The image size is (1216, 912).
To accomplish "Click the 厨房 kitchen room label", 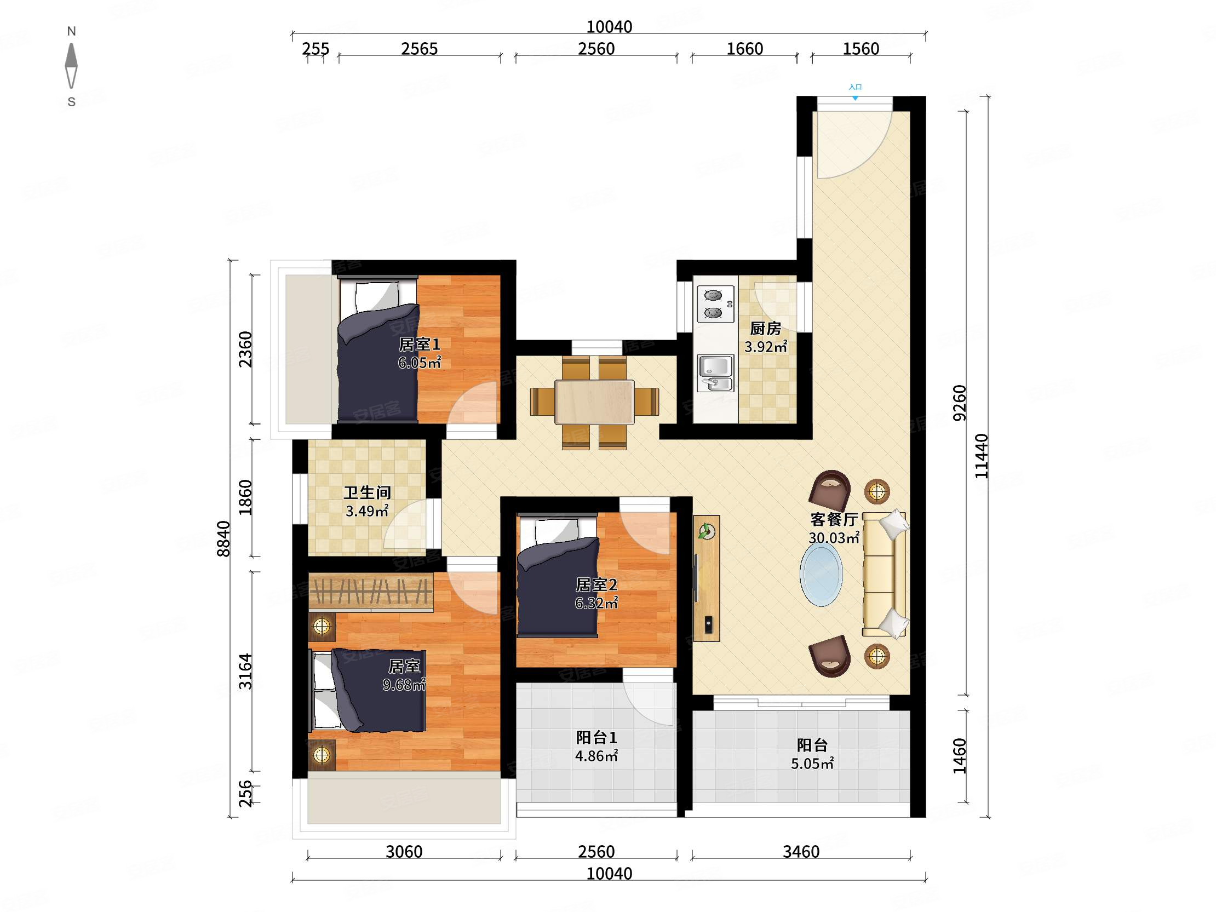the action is (765, 328).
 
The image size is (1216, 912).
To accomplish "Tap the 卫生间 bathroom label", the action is (367, 492).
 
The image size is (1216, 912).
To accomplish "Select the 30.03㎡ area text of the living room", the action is (834, 537).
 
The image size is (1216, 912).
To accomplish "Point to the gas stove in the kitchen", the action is (715, 304).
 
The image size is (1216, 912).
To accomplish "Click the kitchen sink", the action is (715, 373).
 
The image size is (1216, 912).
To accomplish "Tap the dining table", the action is (594, 402).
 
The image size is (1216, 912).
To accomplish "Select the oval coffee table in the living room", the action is (821, 574).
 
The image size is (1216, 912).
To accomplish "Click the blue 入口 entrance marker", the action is (855, 91).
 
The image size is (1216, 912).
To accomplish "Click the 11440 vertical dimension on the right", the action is (981, 456).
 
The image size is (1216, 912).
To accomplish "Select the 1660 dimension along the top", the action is (744, 49).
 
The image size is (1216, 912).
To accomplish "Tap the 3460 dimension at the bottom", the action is (801, 852).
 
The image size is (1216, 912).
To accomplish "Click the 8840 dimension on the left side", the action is (223, 539).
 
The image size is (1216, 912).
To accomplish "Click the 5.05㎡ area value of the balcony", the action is (812, 763).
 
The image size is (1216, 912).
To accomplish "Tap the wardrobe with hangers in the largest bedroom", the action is (371, 592).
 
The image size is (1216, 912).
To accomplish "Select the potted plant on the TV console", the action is (706, 531).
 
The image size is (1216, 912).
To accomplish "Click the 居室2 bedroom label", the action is (596, 584).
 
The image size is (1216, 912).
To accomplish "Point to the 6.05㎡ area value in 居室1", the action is (420, 362).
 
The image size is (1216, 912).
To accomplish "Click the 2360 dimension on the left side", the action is (245, 349).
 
